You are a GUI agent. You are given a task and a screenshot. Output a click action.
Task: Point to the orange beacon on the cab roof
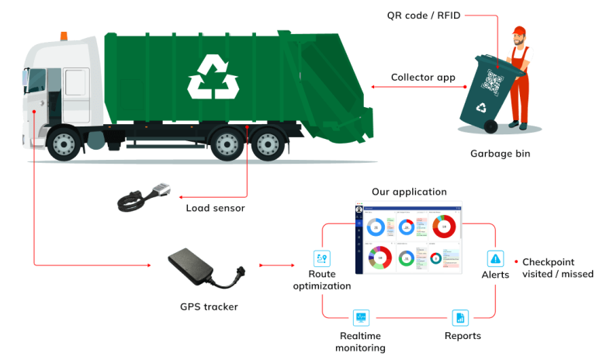[63, 36]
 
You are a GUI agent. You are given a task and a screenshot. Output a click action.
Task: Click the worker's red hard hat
[519, 31]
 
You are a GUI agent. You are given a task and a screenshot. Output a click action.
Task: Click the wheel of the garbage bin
[490, 126]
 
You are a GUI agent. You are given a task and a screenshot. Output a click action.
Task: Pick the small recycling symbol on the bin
[482, 108]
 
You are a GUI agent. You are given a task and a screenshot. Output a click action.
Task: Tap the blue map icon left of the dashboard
[321, 258]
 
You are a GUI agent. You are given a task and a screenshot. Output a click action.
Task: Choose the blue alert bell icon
[495, 258]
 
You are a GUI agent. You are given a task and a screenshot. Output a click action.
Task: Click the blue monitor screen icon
[361, 317]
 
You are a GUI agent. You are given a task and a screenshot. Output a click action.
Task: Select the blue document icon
[460, 317]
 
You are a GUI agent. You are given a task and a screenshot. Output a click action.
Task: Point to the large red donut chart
[444, 227]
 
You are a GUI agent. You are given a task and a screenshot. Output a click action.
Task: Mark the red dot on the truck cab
[34, 112]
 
